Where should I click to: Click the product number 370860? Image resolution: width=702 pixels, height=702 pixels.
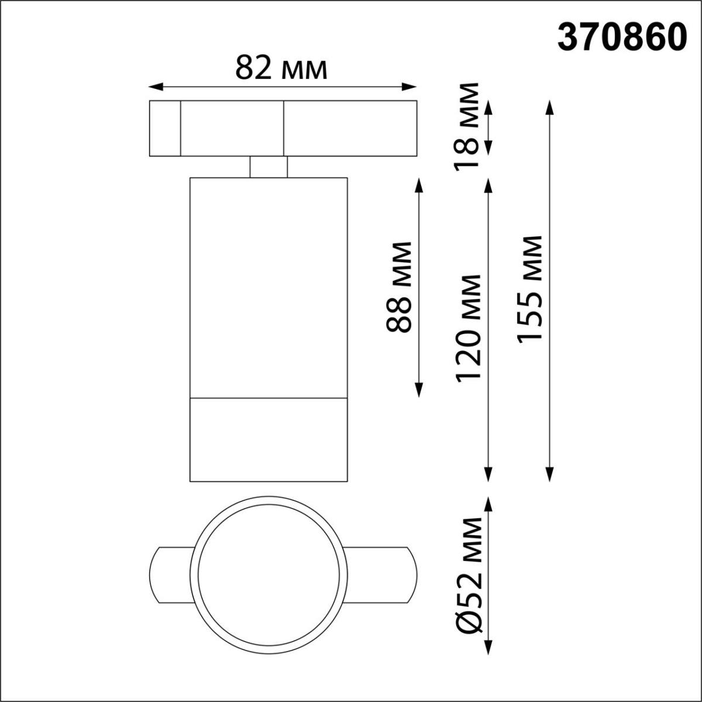click(x=622, y=39)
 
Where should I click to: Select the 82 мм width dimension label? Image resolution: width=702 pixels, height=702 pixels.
click(x=281, y=68)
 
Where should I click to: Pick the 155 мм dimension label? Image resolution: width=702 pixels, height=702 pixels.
click(x=530, y=288)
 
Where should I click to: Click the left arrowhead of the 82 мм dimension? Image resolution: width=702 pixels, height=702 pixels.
click(x=153, y=87)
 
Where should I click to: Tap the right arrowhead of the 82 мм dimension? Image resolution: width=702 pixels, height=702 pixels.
click(x=411, y=87)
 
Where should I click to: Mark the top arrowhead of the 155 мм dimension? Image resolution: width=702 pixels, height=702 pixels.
click(x=549, y=106)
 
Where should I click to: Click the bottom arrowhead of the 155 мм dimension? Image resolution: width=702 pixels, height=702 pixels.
click(x=549, y=476)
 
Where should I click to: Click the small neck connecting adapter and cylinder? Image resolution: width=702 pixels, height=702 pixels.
click(x=269, y=167)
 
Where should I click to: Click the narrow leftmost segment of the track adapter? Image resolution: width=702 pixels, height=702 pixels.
click(x=164, y=129)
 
